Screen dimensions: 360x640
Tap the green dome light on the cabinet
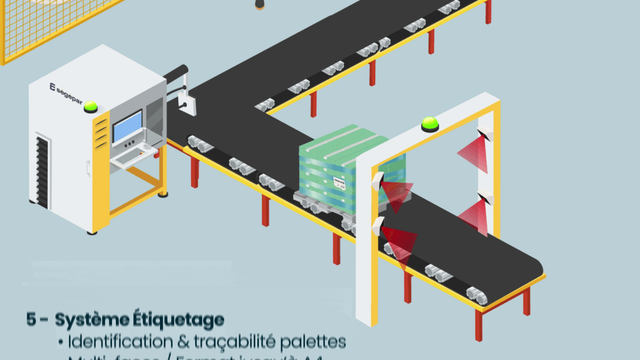tap(91, 107)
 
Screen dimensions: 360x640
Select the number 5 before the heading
tap(31, 320)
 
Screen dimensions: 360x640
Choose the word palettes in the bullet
tap(315, 342)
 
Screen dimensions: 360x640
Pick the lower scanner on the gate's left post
tap(377, 226)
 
